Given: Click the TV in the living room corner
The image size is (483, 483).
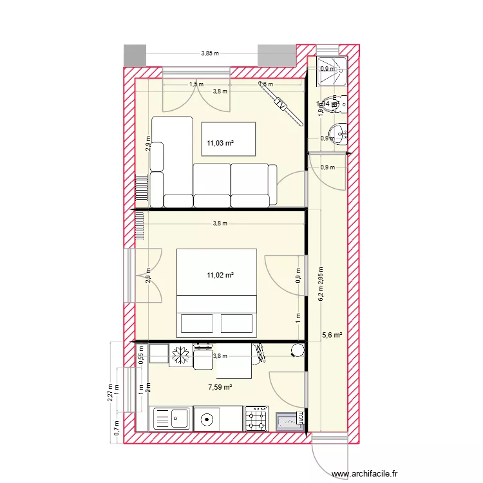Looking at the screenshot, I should (281, 102).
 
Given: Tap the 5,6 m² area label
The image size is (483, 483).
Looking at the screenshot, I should (332, 335).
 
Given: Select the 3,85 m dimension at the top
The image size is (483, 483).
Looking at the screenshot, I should (210, 53).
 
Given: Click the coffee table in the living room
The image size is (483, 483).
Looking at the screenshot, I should (229, 138).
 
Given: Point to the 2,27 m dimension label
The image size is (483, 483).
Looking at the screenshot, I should (110, 392).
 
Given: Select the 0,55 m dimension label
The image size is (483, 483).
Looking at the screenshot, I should (141, 355).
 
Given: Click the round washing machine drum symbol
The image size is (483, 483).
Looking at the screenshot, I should (207, 419).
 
